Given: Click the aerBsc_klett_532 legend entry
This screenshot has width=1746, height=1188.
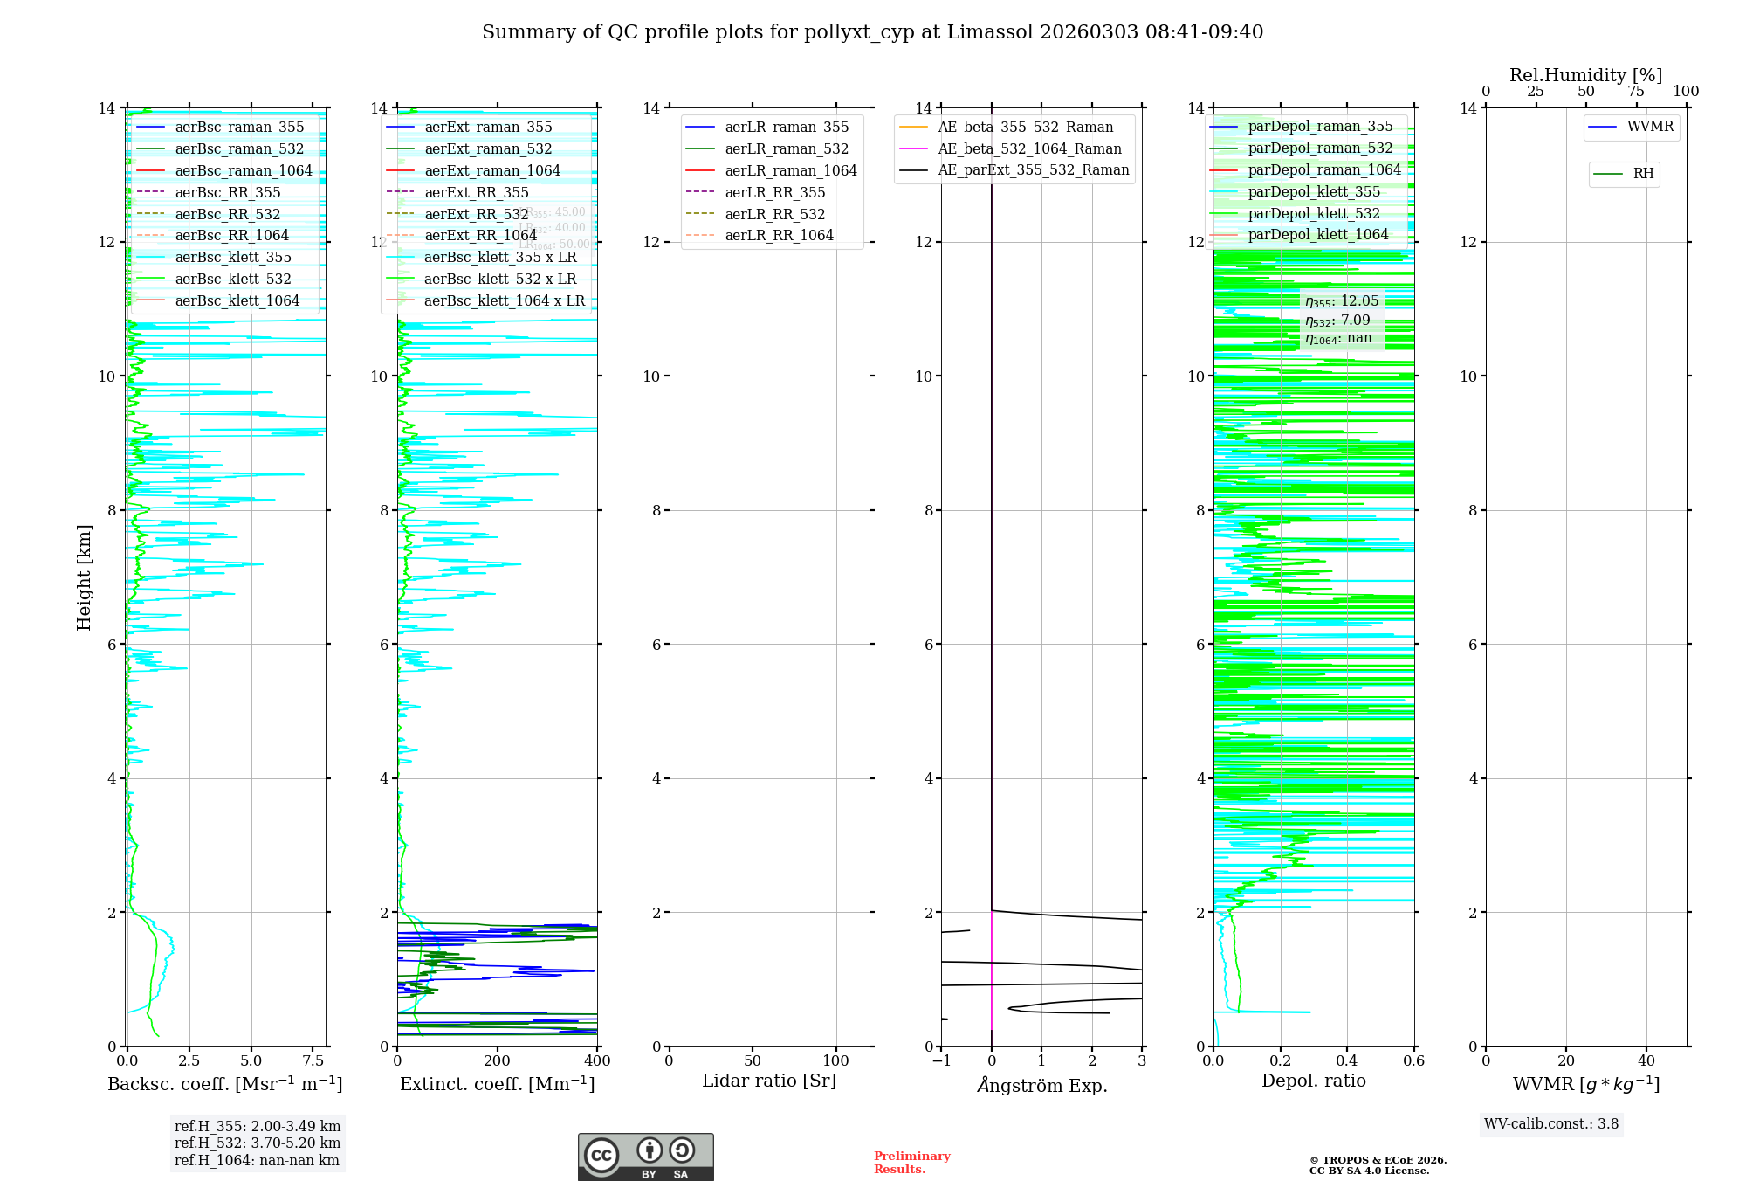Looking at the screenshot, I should click(233, 280).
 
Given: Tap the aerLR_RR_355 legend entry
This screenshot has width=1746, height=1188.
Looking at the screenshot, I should click(774, 193).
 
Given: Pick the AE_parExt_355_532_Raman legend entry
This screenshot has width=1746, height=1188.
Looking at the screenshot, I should click(1033, 170).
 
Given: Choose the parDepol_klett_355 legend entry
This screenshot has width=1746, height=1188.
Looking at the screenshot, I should click(1314, 192).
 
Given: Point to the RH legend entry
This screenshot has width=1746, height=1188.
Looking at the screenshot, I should click(1643, 175).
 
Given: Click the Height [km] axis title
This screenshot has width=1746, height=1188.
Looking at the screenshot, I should click(84, 577).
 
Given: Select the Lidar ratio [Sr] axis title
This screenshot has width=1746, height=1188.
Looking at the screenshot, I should click(769, 1081).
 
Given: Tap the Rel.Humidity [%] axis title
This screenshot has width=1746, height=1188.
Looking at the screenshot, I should click(1585, 76).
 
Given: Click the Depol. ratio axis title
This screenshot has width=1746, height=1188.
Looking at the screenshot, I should click(1313, 1081).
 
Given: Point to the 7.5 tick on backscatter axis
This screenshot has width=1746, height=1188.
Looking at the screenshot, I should click(313, 1061).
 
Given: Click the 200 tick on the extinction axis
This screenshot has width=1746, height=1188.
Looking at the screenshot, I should click(498, 1061).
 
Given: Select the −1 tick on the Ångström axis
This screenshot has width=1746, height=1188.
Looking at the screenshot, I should click(940, 1061).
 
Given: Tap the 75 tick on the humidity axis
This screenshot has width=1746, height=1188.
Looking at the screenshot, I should click(1636, 92).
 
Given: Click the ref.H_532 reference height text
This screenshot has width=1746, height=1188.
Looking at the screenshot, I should click(257, 1143).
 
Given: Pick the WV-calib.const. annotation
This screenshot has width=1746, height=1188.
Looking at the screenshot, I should click(1551, 1124).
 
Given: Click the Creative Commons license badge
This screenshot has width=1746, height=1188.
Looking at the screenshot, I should click(645, 1157).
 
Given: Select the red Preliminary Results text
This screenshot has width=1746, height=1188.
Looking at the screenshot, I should click(911, 1163).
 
